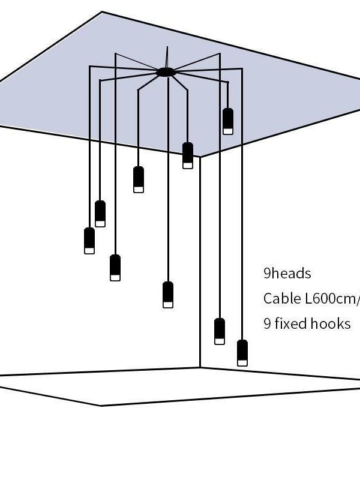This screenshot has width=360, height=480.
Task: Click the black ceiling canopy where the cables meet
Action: point(166,73)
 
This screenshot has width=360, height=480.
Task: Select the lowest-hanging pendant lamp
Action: point(242,352)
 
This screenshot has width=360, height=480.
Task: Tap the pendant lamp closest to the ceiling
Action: point(228,121)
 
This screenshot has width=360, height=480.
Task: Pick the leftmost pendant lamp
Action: point(89,240)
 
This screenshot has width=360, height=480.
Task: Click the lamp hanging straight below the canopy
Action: point(168,294)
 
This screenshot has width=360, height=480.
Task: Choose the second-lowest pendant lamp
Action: point(220,331)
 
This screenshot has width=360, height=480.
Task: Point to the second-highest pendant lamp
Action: point(188,155)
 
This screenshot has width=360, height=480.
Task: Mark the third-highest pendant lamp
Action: point(139,179)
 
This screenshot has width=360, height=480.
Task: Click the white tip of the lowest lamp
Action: point(242,362)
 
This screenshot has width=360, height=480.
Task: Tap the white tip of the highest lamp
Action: point(228,130)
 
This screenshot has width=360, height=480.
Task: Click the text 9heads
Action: point(287,274)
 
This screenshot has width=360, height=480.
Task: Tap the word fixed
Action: point(291,324)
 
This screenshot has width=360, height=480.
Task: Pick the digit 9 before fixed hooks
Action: point(267,324)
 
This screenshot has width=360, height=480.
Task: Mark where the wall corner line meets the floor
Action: point(200,367)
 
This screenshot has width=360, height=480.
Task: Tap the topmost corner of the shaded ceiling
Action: point(102,12)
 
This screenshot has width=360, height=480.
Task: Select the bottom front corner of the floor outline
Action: point(101,406)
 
